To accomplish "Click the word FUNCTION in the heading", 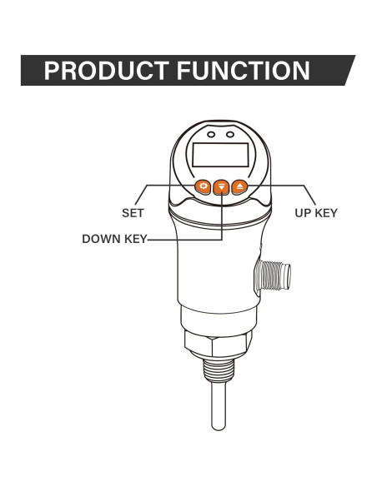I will pos(242,71).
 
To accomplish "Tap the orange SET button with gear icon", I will pos(202,186).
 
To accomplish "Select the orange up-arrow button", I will pos(240,186).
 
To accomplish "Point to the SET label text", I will pos(133,213).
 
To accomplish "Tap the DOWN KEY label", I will pos(113,240).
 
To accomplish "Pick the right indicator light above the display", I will pos(230,134).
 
